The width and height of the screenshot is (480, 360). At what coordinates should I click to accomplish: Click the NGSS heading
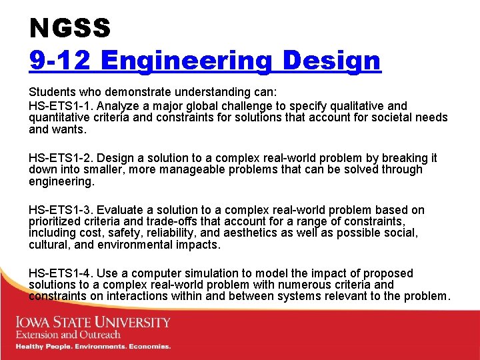[69, 28]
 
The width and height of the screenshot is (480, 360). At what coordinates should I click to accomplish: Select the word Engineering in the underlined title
[187, 61]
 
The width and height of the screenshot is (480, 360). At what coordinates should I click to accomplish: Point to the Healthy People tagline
[93, 347]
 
